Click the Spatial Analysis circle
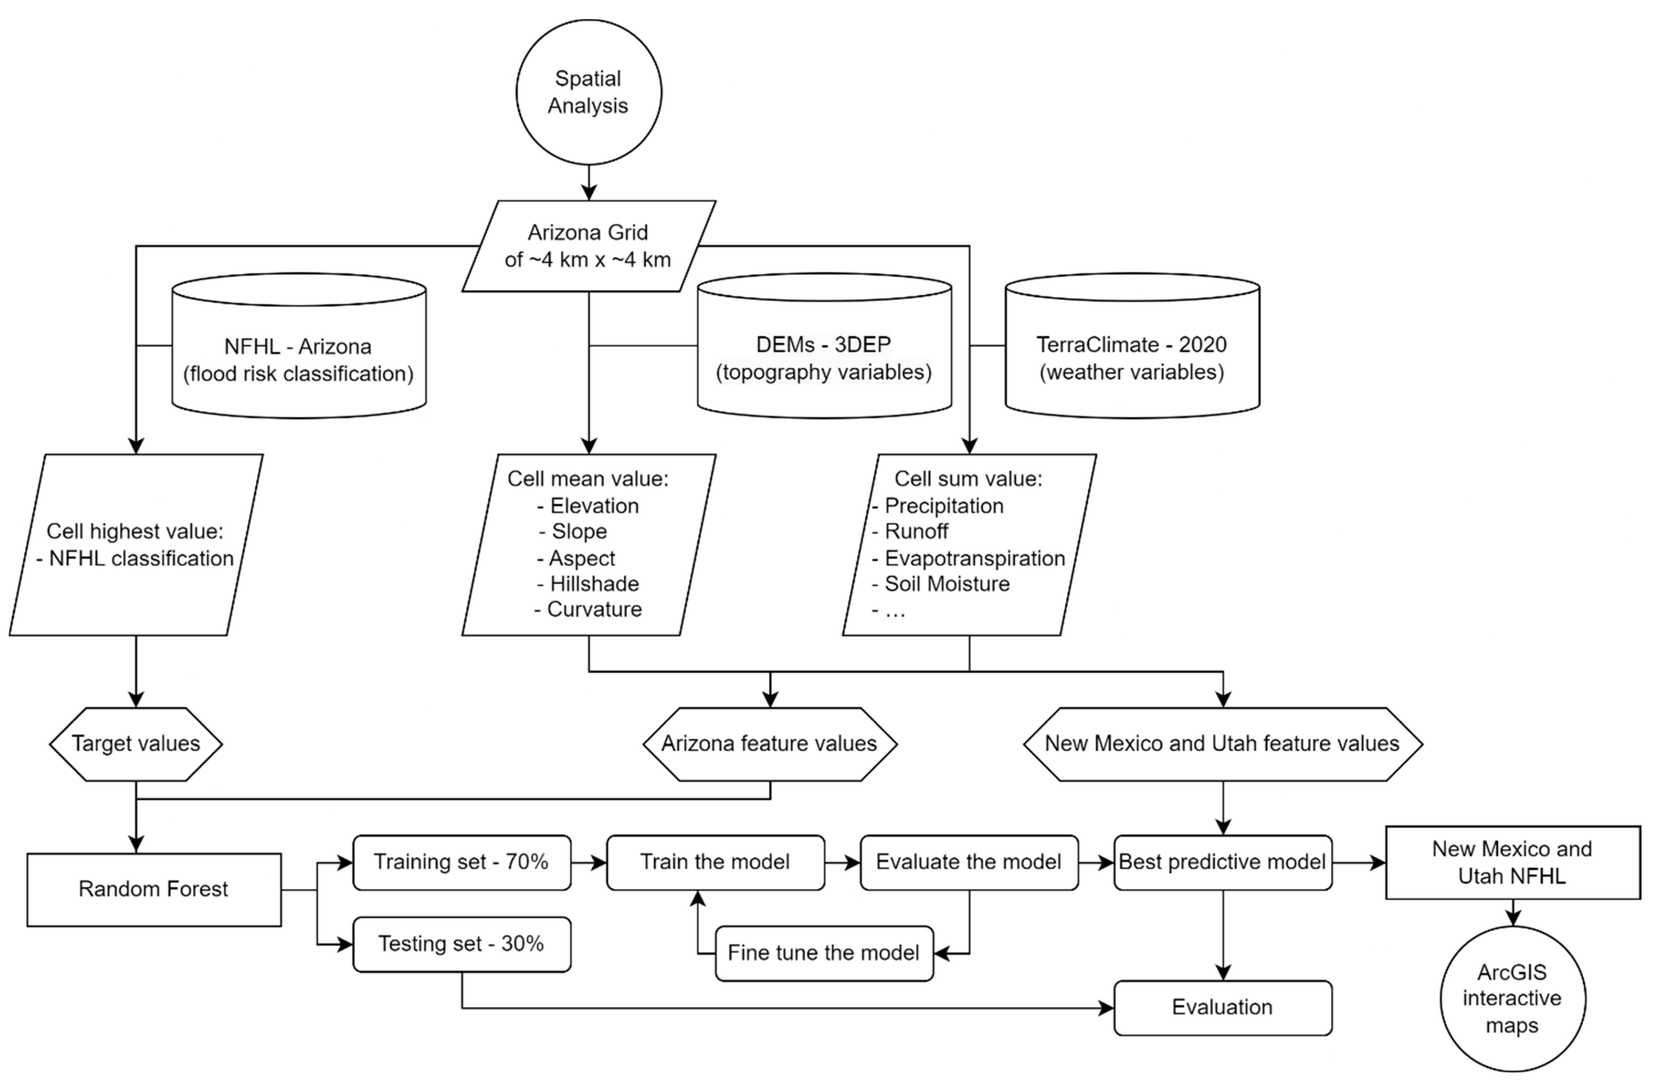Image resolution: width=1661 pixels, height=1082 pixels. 588,92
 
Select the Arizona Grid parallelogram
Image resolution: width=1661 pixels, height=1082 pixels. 588,246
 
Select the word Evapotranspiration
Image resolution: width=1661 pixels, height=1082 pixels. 974,558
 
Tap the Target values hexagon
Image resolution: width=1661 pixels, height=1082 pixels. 136,743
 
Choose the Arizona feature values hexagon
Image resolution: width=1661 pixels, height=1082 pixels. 770,743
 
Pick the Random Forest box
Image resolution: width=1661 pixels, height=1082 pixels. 154,889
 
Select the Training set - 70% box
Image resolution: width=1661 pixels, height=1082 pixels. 461,862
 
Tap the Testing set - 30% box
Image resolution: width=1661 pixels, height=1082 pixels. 461,944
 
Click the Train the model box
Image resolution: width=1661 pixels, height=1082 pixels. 715,862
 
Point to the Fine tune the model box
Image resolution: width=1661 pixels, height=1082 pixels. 823,953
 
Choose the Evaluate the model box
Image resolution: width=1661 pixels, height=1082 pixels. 969,862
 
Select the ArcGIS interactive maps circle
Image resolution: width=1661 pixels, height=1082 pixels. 1512,998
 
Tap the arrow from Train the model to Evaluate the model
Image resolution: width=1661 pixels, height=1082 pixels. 842,863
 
